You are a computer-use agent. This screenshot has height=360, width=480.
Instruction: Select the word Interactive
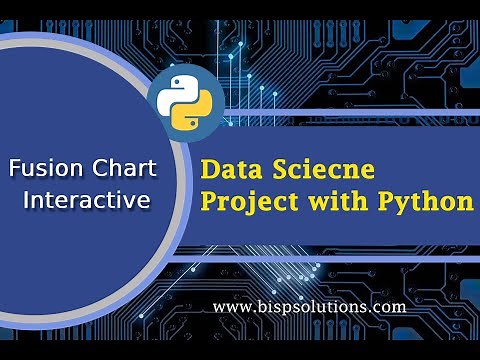pos(86,200)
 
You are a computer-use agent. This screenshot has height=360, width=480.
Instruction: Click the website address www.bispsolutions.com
pos(309,307)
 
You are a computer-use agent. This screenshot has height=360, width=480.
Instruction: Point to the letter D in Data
pos(210,168)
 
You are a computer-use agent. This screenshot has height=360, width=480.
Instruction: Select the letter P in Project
pos(209,202)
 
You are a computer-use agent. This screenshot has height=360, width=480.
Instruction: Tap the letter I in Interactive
pos(26,200)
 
